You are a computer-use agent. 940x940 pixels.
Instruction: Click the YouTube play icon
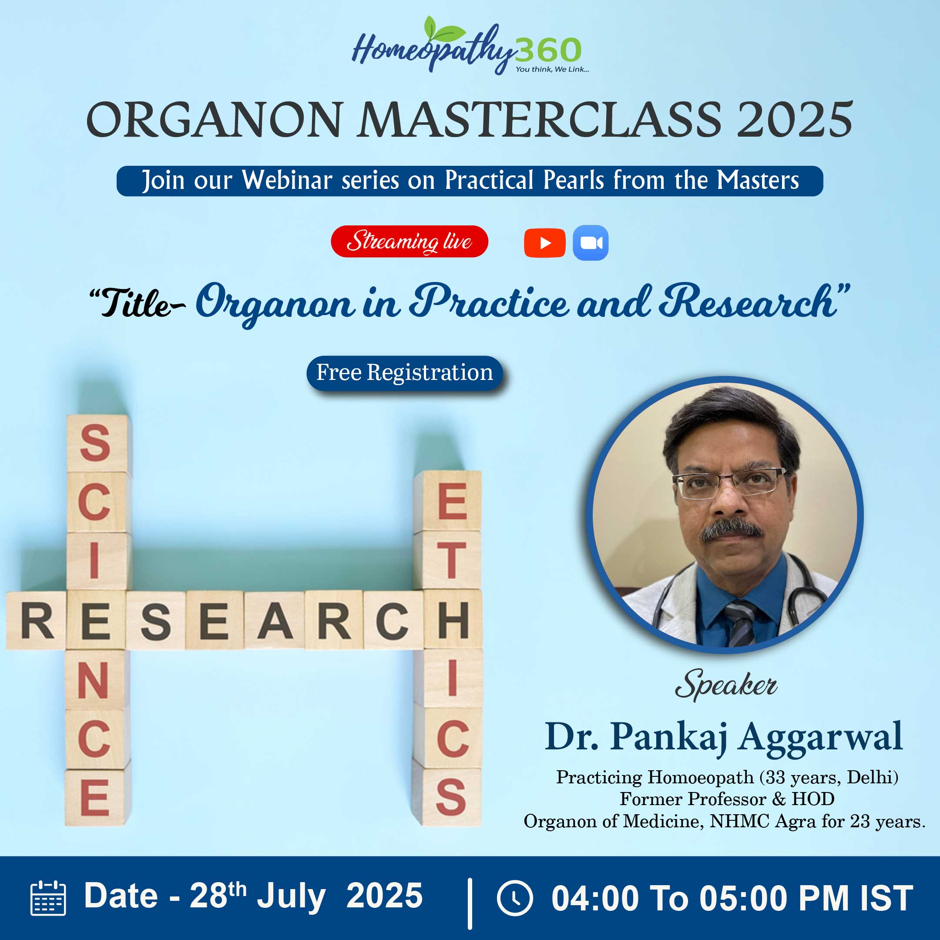pos(544,243)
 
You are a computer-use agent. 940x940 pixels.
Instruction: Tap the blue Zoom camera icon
pos(591,243)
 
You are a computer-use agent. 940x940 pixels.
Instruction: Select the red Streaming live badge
pos(409,242)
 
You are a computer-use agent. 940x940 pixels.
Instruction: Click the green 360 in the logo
pos(548,50)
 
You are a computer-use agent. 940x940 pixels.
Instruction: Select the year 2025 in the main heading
pos(795,120)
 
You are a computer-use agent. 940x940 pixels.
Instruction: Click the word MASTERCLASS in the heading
pos(540,120)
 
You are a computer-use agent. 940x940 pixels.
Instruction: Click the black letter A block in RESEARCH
pos(275,620)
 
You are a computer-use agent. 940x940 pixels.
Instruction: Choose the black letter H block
pos(453,619)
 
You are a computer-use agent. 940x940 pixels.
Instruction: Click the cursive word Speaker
pos(725,685)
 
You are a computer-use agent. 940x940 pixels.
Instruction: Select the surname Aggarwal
pos(820,737)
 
